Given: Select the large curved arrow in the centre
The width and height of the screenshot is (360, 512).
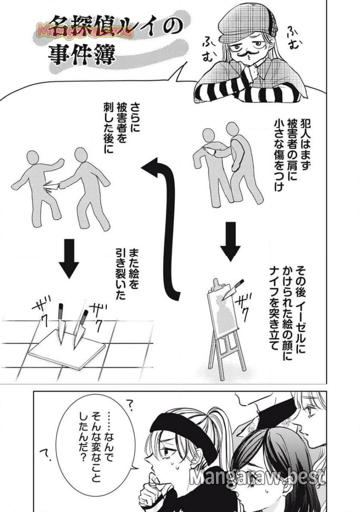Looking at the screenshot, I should pos(168,224).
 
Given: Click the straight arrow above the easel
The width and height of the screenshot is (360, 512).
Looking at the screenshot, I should pos(230,240).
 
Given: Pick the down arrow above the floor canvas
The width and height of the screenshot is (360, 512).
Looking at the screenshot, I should pos(69,258).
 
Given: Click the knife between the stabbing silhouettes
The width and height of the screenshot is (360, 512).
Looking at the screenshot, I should pos(54,185).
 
